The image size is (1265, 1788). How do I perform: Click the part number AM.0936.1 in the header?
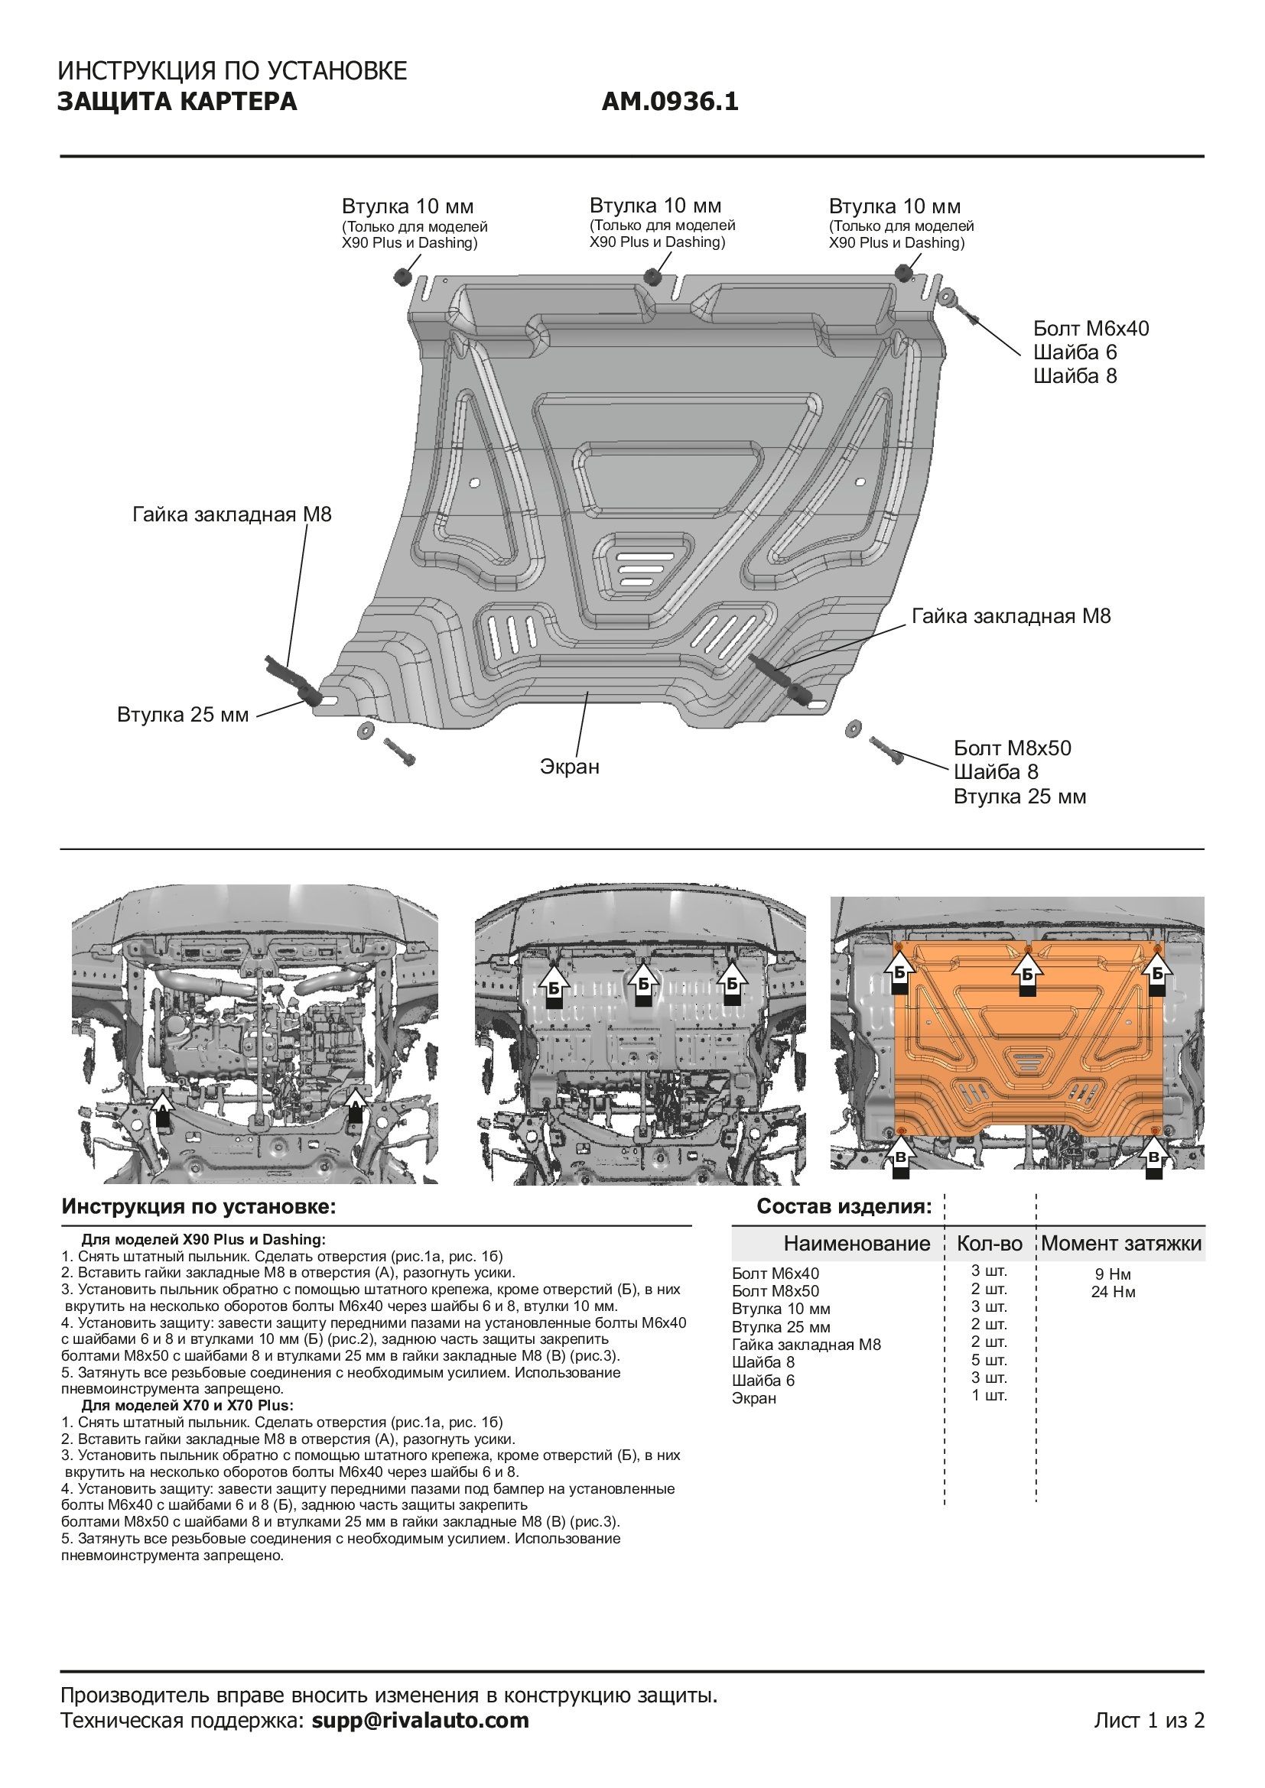(670, 102)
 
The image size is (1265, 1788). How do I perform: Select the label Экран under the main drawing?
(570, 767)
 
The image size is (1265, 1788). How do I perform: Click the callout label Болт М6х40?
(1091, 329)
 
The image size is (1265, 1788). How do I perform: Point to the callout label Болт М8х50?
(1012, 748)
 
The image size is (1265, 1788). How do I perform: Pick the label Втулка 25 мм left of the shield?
(183, 715)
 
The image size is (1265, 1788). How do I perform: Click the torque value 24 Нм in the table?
(1113, 1292)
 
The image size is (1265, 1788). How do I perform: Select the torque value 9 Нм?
(1113, 1274)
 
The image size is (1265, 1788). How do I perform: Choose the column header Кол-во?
(989, 1243)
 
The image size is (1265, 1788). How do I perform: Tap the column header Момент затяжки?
(1121, 1243)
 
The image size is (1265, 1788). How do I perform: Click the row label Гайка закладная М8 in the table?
(806, 1344)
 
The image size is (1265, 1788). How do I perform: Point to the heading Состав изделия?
(844, 1207)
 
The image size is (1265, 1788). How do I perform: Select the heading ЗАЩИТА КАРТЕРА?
(177, 102)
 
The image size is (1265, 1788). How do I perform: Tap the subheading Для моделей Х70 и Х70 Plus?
(187, 1406)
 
